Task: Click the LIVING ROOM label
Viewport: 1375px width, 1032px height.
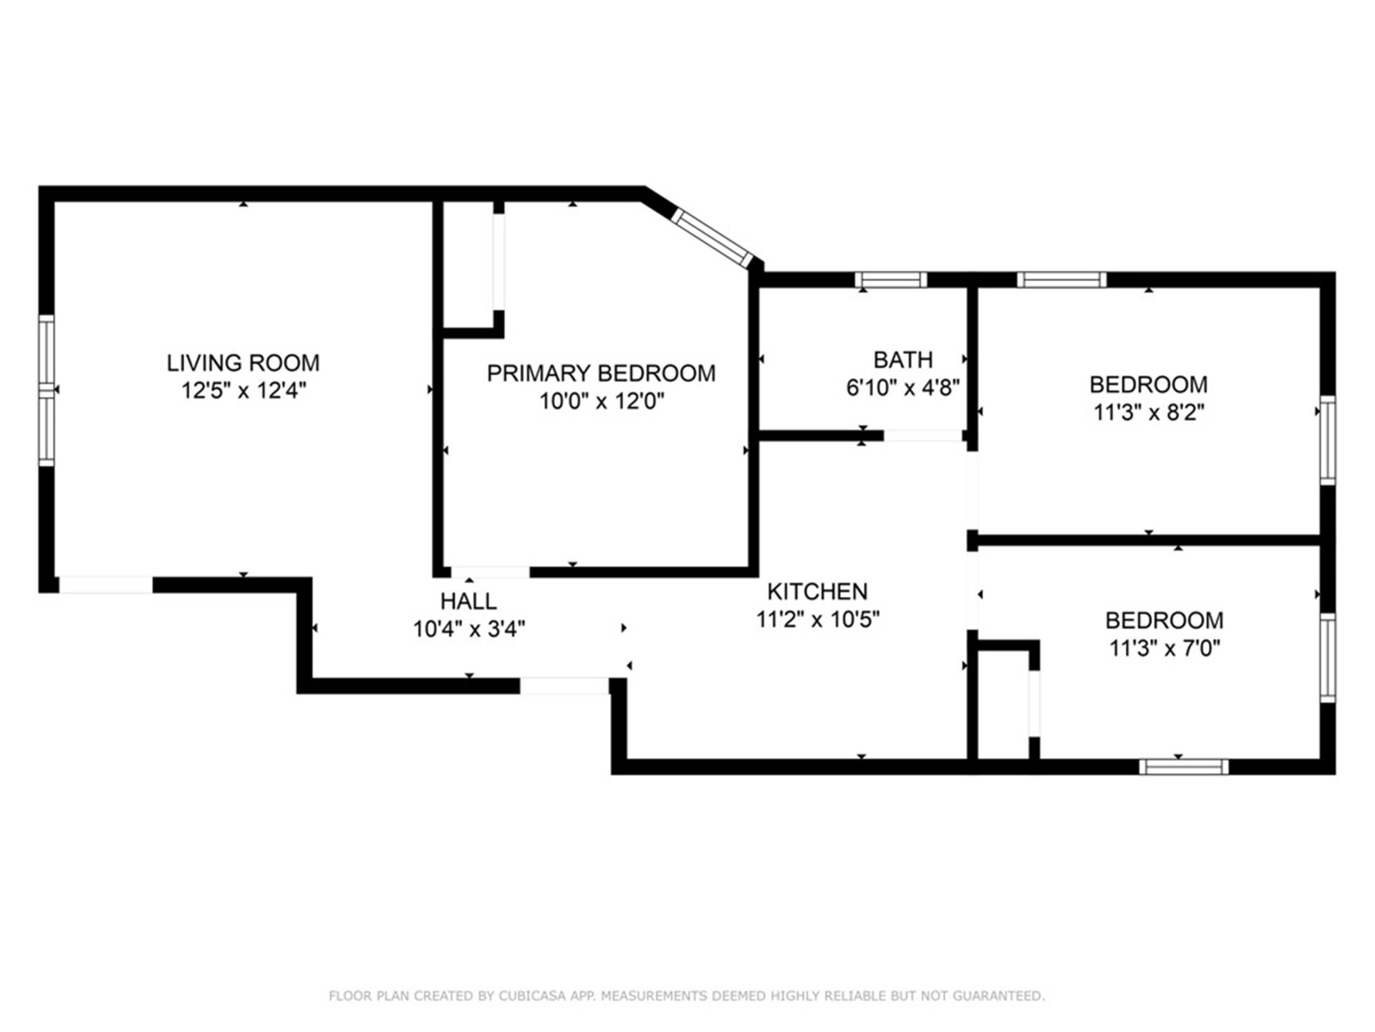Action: [x=243, y=363]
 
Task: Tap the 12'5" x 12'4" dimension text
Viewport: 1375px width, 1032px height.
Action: [x=243, y=391]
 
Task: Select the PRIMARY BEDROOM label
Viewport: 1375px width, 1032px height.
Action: [x=601, y=373]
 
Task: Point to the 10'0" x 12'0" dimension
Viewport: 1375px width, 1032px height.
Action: [x=602, y=401]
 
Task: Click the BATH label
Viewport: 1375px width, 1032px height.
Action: [x=903, y=359]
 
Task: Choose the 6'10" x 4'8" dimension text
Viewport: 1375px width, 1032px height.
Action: [x=903, y=388]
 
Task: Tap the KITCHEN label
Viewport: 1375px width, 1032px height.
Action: [x=817, y=591]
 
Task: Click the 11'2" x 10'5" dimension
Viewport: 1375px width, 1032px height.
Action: [x=818, y=619]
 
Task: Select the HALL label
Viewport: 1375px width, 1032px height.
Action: [x=468, y=601]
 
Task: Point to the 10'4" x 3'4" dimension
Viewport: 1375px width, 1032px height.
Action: [x=469, y=629]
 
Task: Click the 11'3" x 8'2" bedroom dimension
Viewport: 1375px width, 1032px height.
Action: [x=1149, y=413]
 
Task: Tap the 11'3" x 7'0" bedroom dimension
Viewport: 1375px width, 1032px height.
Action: [x=1164, y=648]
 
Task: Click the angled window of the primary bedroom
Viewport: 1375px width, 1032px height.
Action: [x=712, y=238]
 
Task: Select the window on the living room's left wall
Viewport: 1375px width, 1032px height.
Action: [x=46, y=391]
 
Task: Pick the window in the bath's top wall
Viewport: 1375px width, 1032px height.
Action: [x=891, y=279]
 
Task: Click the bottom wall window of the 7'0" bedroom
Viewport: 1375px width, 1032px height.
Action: [x=1184, y=767]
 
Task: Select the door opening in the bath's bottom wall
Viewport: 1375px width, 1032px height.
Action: [x=922, y=436]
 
